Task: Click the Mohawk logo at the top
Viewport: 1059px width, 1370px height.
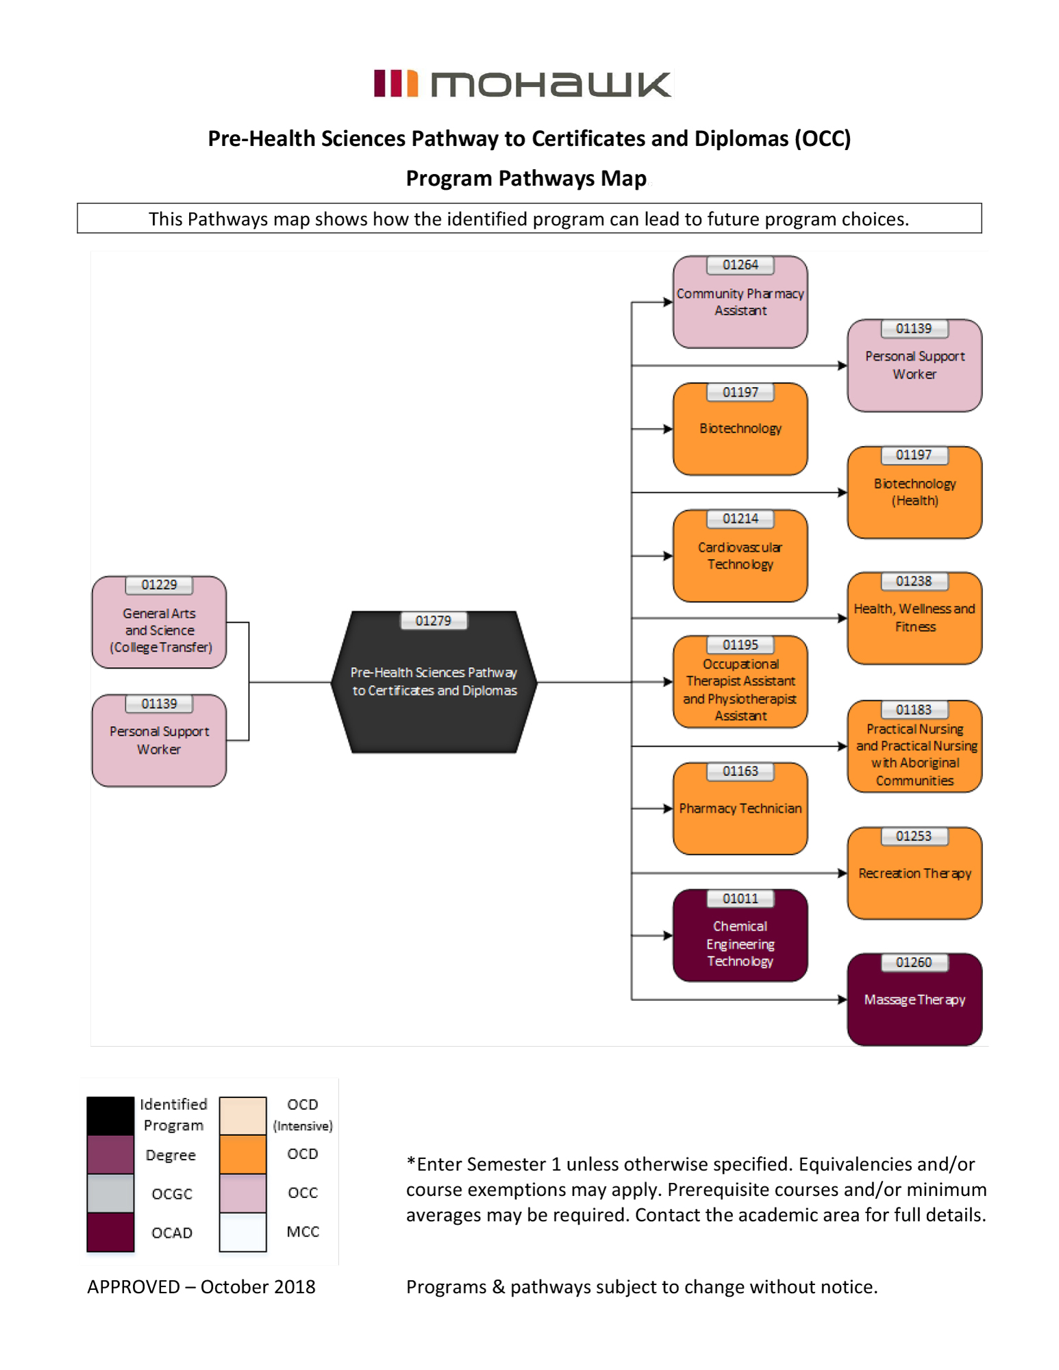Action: pyautogui.click(x=523, y=84)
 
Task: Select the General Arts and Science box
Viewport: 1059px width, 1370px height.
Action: pyautogui.click(x=159, y=627)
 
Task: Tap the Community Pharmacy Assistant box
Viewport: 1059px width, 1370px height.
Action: pyautogui.click(x=740, y=305)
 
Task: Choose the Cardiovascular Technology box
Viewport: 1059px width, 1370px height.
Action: pyautogui.click(x=740, y=558)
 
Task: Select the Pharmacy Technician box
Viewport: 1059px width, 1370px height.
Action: pyautogui.click(x=740, y=812)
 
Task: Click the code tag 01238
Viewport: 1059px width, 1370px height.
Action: pyautogui.click(x=914, y=581)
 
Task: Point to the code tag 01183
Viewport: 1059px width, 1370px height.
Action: pyautogui.click(x=914, y=710)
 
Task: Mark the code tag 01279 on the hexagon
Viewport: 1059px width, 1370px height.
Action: pyautogui.click(x=434, y=621)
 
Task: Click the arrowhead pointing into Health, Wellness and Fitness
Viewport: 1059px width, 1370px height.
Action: pyautogui.click(x=843, y=618)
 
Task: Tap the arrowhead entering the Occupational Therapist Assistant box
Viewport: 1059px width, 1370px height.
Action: pyautogui.click(x=668, y=682)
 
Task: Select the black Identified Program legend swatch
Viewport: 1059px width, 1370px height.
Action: pyautogui.click(x=110, y=1115)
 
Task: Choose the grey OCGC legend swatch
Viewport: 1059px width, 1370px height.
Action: pyautogui.click(x=110, y=1193)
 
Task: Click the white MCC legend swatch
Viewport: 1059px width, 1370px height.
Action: pyautogui.click(x=242, y=1232)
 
